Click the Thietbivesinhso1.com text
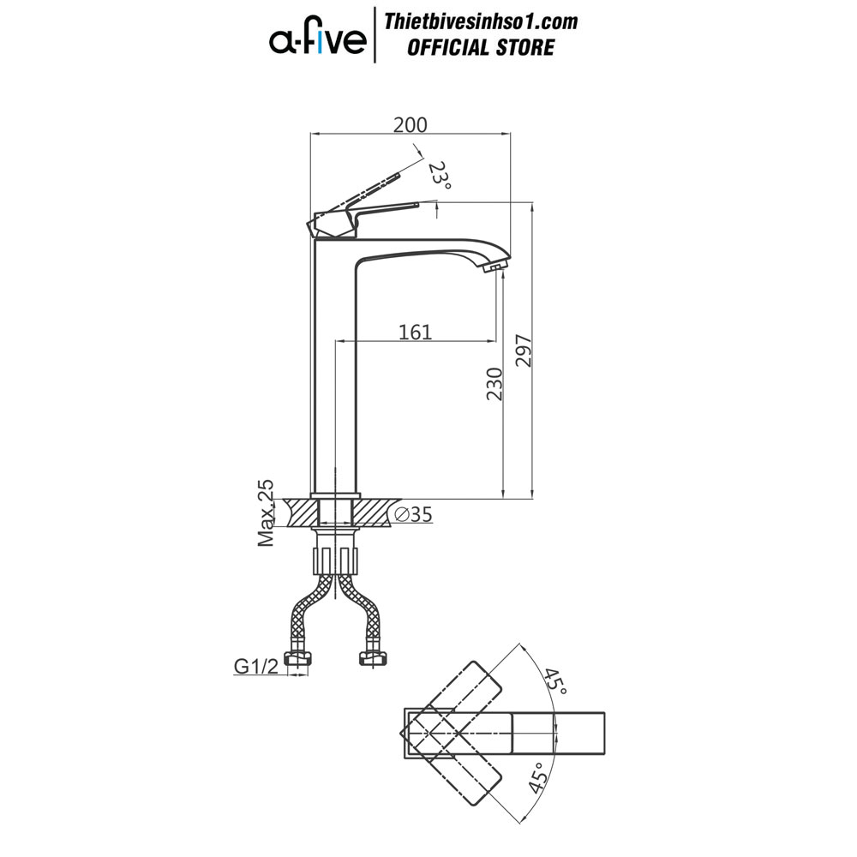pyautogui.click(x=481, y=22)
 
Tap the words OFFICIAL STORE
pyautogui.click(x=481, y=47)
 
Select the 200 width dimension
pyautogui.click(x=411, y=124)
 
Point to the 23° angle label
pyautogui.click(x=440, y=175)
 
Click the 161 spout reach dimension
pyautogui.click(x=416, y=332)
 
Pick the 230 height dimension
pyautogui.click(x=494, y=384)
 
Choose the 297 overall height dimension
pyautogui.click(x=524, y=351)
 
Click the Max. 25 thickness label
pyautogui.click(x=267, y=512)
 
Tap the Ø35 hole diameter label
pyautogui.click(x=414, y=514)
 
